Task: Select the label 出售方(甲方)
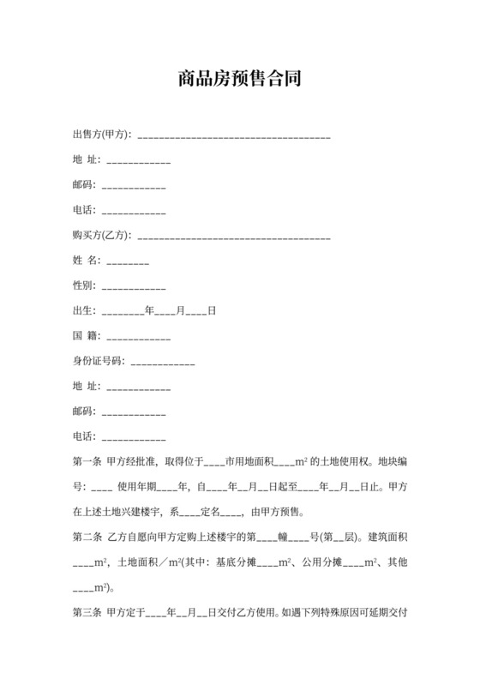click(x=101, y=135)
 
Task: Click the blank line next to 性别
click(x=133, y=285)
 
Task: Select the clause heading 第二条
click(x=87, y=538)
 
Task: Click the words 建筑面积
click(x=387, y=538)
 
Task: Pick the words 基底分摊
click(x=237, y=563)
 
